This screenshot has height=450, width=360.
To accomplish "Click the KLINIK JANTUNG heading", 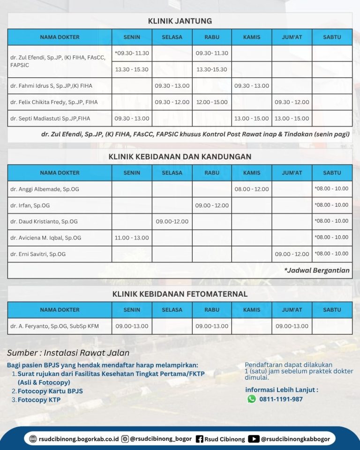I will click(x=180, y=21).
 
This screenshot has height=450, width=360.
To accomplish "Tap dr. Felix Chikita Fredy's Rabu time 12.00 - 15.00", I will click(x=212, y=102).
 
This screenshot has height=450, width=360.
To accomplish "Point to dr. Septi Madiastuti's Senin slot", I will click(x=132, y=119).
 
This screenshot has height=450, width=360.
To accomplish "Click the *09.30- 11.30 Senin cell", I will click(x=132, y=53).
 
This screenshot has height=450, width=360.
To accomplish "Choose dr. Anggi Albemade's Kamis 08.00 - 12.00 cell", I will click(x=252, y=189).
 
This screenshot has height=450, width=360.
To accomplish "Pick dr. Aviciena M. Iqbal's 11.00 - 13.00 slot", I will click(x=132, y=238).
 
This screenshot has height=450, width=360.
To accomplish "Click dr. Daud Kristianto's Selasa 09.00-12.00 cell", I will click(x=172, y=221).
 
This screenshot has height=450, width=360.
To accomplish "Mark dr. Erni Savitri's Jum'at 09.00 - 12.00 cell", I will click(x=292, y=254).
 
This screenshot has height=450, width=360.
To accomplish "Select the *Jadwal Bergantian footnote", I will click(x=316, y=270).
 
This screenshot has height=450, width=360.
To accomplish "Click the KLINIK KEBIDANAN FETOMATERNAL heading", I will click(x=180, y=294).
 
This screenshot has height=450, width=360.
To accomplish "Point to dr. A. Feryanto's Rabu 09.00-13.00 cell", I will click(x=212, y=326).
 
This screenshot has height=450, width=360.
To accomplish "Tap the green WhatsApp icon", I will click(x=252, y=399).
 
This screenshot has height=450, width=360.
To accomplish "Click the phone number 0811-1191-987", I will click(x=281, y=399).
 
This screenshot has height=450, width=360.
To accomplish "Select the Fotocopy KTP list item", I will click(x=39, y=400).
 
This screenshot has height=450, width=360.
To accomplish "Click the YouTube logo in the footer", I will click(x=254, y=439).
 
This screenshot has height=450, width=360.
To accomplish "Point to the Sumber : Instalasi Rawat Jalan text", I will click(x=68, y=353).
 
